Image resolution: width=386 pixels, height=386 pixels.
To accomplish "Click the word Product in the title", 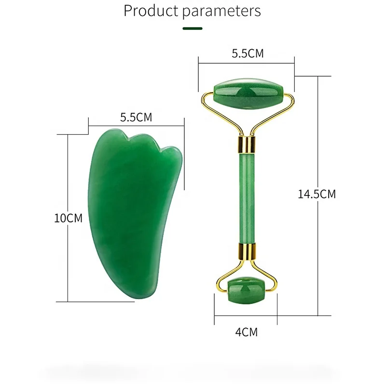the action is click(x=151, y=11).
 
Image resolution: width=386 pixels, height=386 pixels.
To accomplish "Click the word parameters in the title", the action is click(x=221, y=12).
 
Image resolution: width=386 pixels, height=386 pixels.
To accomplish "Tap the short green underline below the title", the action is click(x=193, y=28).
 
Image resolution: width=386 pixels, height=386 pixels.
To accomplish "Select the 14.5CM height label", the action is click(x=317, y=194).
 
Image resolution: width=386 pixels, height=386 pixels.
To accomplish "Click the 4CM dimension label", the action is click(x=246, y=332).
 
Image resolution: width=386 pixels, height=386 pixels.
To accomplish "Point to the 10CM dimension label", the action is click(x=68, y=218).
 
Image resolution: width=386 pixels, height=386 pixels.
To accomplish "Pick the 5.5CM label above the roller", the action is click(x=248, y=54).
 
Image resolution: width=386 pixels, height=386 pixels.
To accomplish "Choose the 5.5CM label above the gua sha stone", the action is click(x=136, y=117).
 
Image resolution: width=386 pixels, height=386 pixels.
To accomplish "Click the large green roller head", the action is click(x=248, y=94).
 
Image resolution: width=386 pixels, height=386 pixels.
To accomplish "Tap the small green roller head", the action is click(x=246, y=290).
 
